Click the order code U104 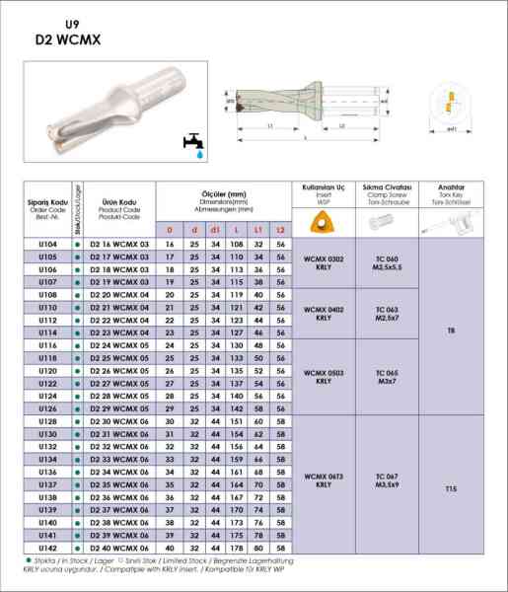tap(47, 244)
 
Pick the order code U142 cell tap(47, 548)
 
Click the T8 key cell tap(451, 331)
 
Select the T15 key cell tap(451, 488)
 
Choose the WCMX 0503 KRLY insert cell tap(324, 377)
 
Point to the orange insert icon tap(323, 223)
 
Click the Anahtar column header tap(451, 192)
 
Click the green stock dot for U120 tap(77, 371)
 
